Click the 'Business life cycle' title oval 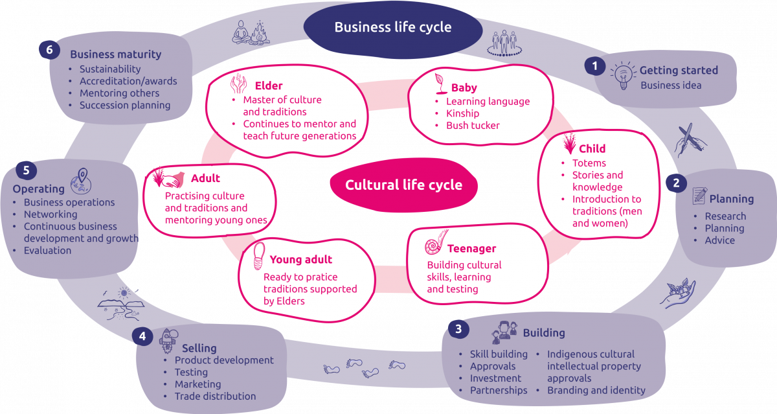(393, 28)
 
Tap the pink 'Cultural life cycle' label (403, 185)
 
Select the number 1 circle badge (594, 65)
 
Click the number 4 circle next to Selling (142, 336)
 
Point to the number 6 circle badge (49, 50)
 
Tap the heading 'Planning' (731, 199)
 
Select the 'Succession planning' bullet (124, 105)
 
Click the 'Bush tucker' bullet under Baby (473, 125)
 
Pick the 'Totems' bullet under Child (589, 163)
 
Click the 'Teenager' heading (471, 249)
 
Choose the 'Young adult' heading (300, 259)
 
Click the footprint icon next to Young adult (258, 257)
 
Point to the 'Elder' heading (268, 86)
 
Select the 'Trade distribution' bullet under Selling (215, 396)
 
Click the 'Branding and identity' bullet (596, 390)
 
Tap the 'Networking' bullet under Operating (51, 214)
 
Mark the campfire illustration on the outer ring (260, 33)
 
